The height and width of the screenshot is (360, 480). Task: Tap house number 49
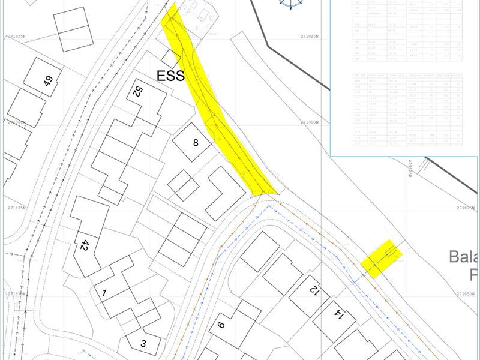(x=49, y=81)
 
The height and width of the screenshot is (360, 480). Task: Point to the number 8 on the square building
(x=194, y=143)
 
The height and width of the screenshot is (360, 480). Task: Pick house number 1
(x=104, y=293)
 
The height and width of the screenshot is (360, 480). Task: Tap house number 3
(x=143, y=344)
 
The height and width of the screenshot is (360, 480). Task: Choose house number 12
(x=313, y=290)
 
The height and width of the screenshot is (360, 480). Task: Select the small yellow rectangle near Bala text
(x=381, y=259)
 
